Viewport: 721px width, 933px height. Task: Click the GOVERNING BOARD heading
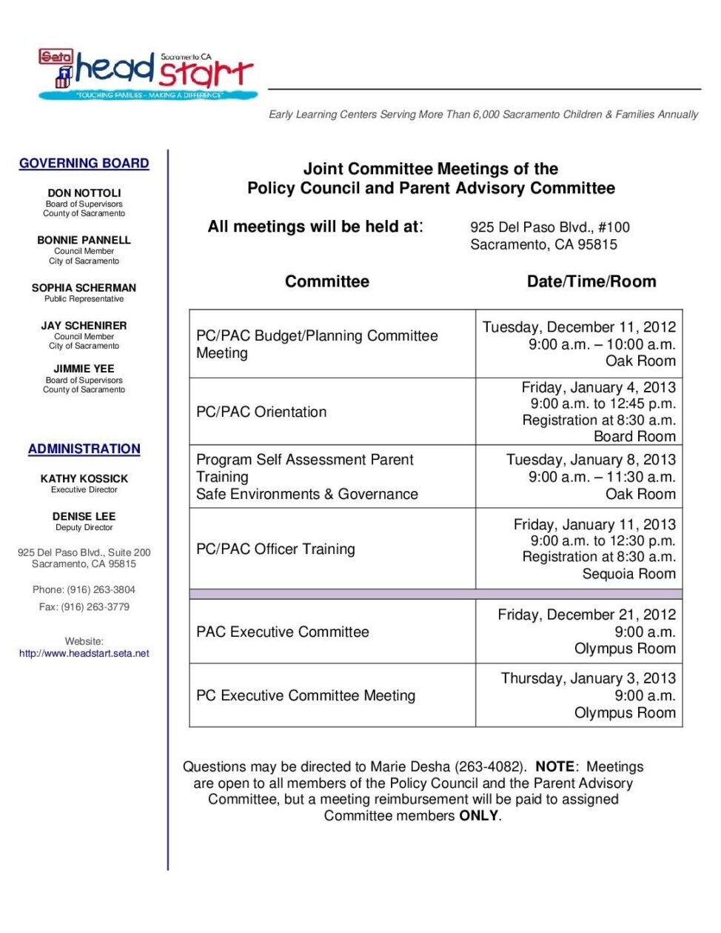pos(84,163)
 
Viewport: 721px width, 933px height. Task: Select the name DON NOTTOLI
pos(84,193)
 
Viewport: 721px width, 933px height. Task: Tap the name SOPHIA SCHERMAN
pos(84,287)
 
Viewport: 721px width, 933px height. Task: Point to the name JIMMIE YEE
pos(84,368)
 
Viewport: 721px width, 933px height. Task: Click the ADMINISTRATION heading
pos(84,449)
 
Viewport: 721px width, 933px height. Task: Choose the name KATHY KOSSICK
pos(84,478)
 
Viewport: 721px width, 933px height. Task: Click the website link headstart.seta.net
pos(84,653)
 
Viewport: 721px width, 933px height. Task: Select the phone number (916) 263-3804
pos(101,589)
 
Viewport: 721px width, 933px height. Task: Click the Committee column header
pos(326,281)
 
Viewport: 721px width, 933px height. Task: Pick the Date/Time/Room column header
pos(591,281)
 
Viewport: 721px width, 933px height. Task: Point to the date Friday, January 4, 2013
pos(598,387)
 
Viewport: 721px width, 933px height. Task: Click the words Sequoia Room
pos(628,574)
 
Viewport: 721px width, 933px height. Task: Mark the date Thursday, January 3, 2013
pos(588,678)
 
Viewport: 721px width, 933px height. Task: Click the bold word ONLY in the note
pos(478,815)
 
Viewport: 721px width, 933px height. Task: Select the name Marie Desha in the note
pos(410,766)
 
